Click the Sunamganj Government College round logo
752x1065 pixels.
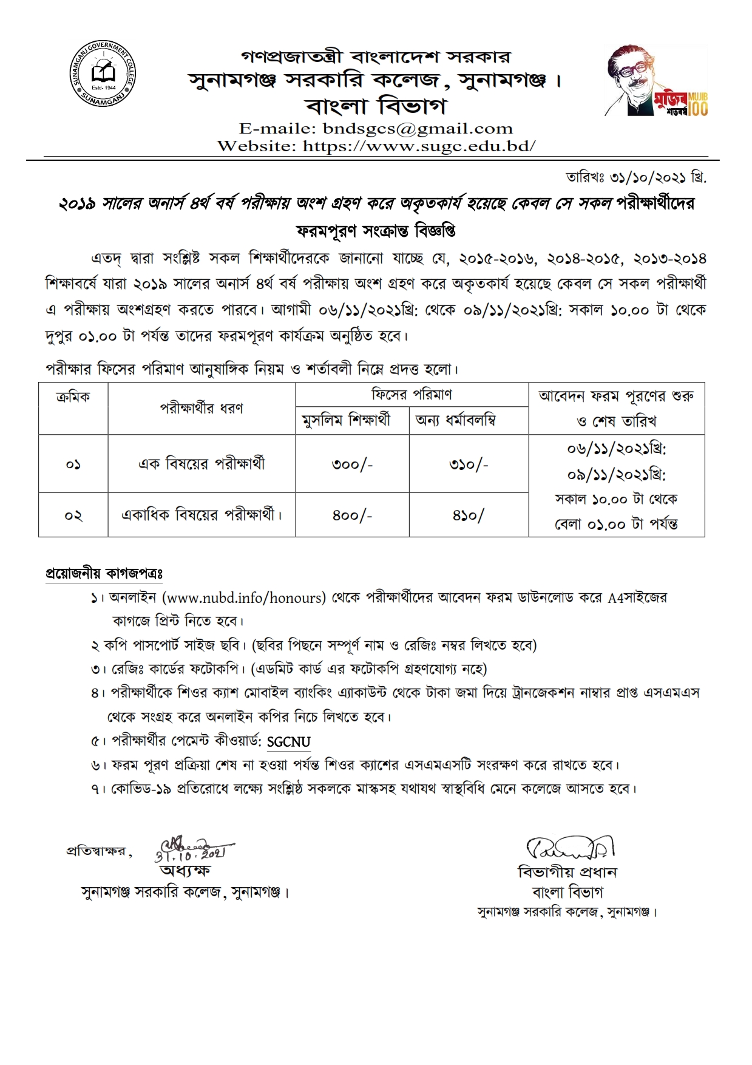pyautogui.click(x=102, y=75)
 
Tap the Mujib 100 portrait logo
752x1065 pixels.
pyautogui.click(x=656, y=81)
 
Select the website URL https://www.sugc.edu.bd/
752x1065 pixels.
pyautogui.click(x=419, y=146)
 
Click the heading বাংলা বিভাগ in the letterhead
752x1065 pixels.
pyautogui.click(x=376, y=106)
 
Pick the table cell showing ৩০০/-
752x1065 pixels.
pyautogui.click(x=352, y=464)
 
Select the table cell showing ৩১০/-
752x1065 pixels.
pyautogui.click(x=469, y=464)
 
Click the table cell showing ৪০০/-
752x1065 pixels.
pyautogui.click(x=352, y=515)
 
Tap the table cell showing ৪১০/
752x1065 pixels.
pyautogui.click(x=469, y=515)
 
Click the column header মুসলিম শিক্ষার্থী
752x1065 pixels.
pyautogui.click(x=346, y=420)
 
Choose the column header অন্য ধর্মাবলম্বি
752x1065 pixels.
pyautogui.click(x=455, y=420)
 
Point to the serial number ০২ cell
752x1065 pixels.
pyautogui.click(x=73, y=515)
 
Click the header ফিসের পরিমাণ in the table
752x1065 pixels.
pyautogui.click(x=412, y=395)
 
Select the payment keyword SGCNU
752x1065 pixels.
pyautogui.click(x=288, y=742)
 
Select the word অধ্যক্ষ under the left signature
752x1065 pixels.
pyautogui.click(x=185, y=871)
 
